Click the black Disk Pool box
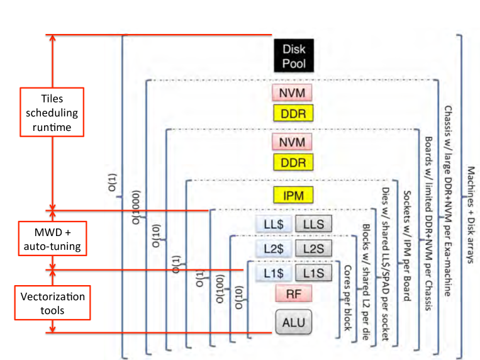point(294,55)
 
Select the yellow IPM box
point(293,195)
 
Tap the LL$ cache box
point(274,224)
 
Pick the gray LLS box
point(313,224)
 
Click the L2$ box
point(274,249)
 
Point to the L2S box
point(313,249)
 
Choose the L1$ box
point(274,273)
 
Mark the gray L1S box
point(313,273)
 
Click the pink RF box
point(294,293)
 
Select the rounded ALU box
point(294,322)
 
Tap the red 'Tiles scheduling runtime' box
point(52,112)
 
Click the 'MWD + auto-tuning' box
point(52,239)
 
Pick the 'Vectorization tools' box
point(52,303)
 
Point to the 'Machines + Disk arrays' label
point(471,215)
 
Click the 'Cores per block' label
point(348,298)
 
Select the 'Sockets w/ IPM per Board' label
point(407,245)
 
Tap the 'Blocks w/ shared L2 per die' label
point(366,282)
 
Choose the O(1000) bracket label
point(136,208)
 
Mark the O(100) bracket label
point(220,289)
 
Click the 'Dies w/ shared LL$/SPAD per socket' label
point(386,264)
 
